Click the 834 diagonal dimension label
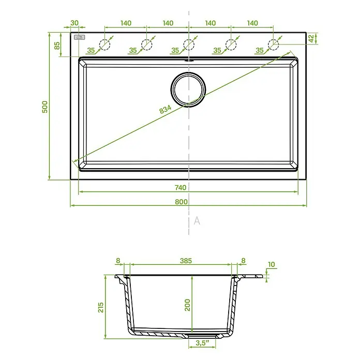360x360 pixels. click(x=166, y=109)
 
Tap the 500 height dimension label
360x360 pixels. click(x=45, y=107)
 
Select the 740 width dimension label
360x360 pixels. click(x=181, y=188)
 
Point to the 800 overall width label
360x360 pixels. click(x=181, y=202)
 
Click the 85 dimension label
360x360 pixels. click(x=57, y=46)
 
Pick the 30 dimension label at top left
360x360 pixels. click(x=74, y=23)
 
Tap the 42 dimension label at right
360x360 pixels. click(x=311, y=39)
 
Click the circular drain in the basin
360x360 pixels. click(x=188, y=89)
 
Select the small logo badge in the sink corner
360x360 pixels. click(x=80, y=37)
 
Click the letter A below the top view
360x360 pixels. click(x=197, y=221)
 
